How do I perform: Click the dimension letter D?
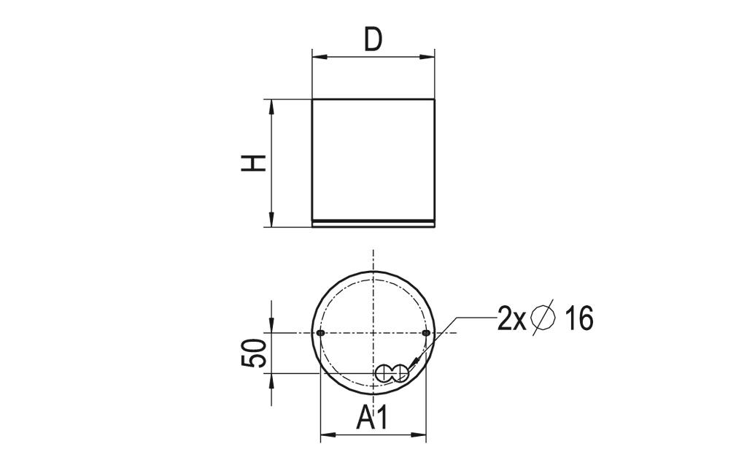[373, 40]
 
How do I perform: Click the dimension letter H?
[253, 164]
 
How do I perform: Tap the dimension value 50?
[253, 353]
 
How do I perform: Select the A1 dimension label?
[373, 418]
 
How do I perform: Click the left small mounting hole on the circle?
[321, 332]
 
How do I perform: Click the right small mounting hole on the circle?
[426, 332]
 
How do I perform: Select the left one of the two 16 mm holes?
[384, 373]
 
